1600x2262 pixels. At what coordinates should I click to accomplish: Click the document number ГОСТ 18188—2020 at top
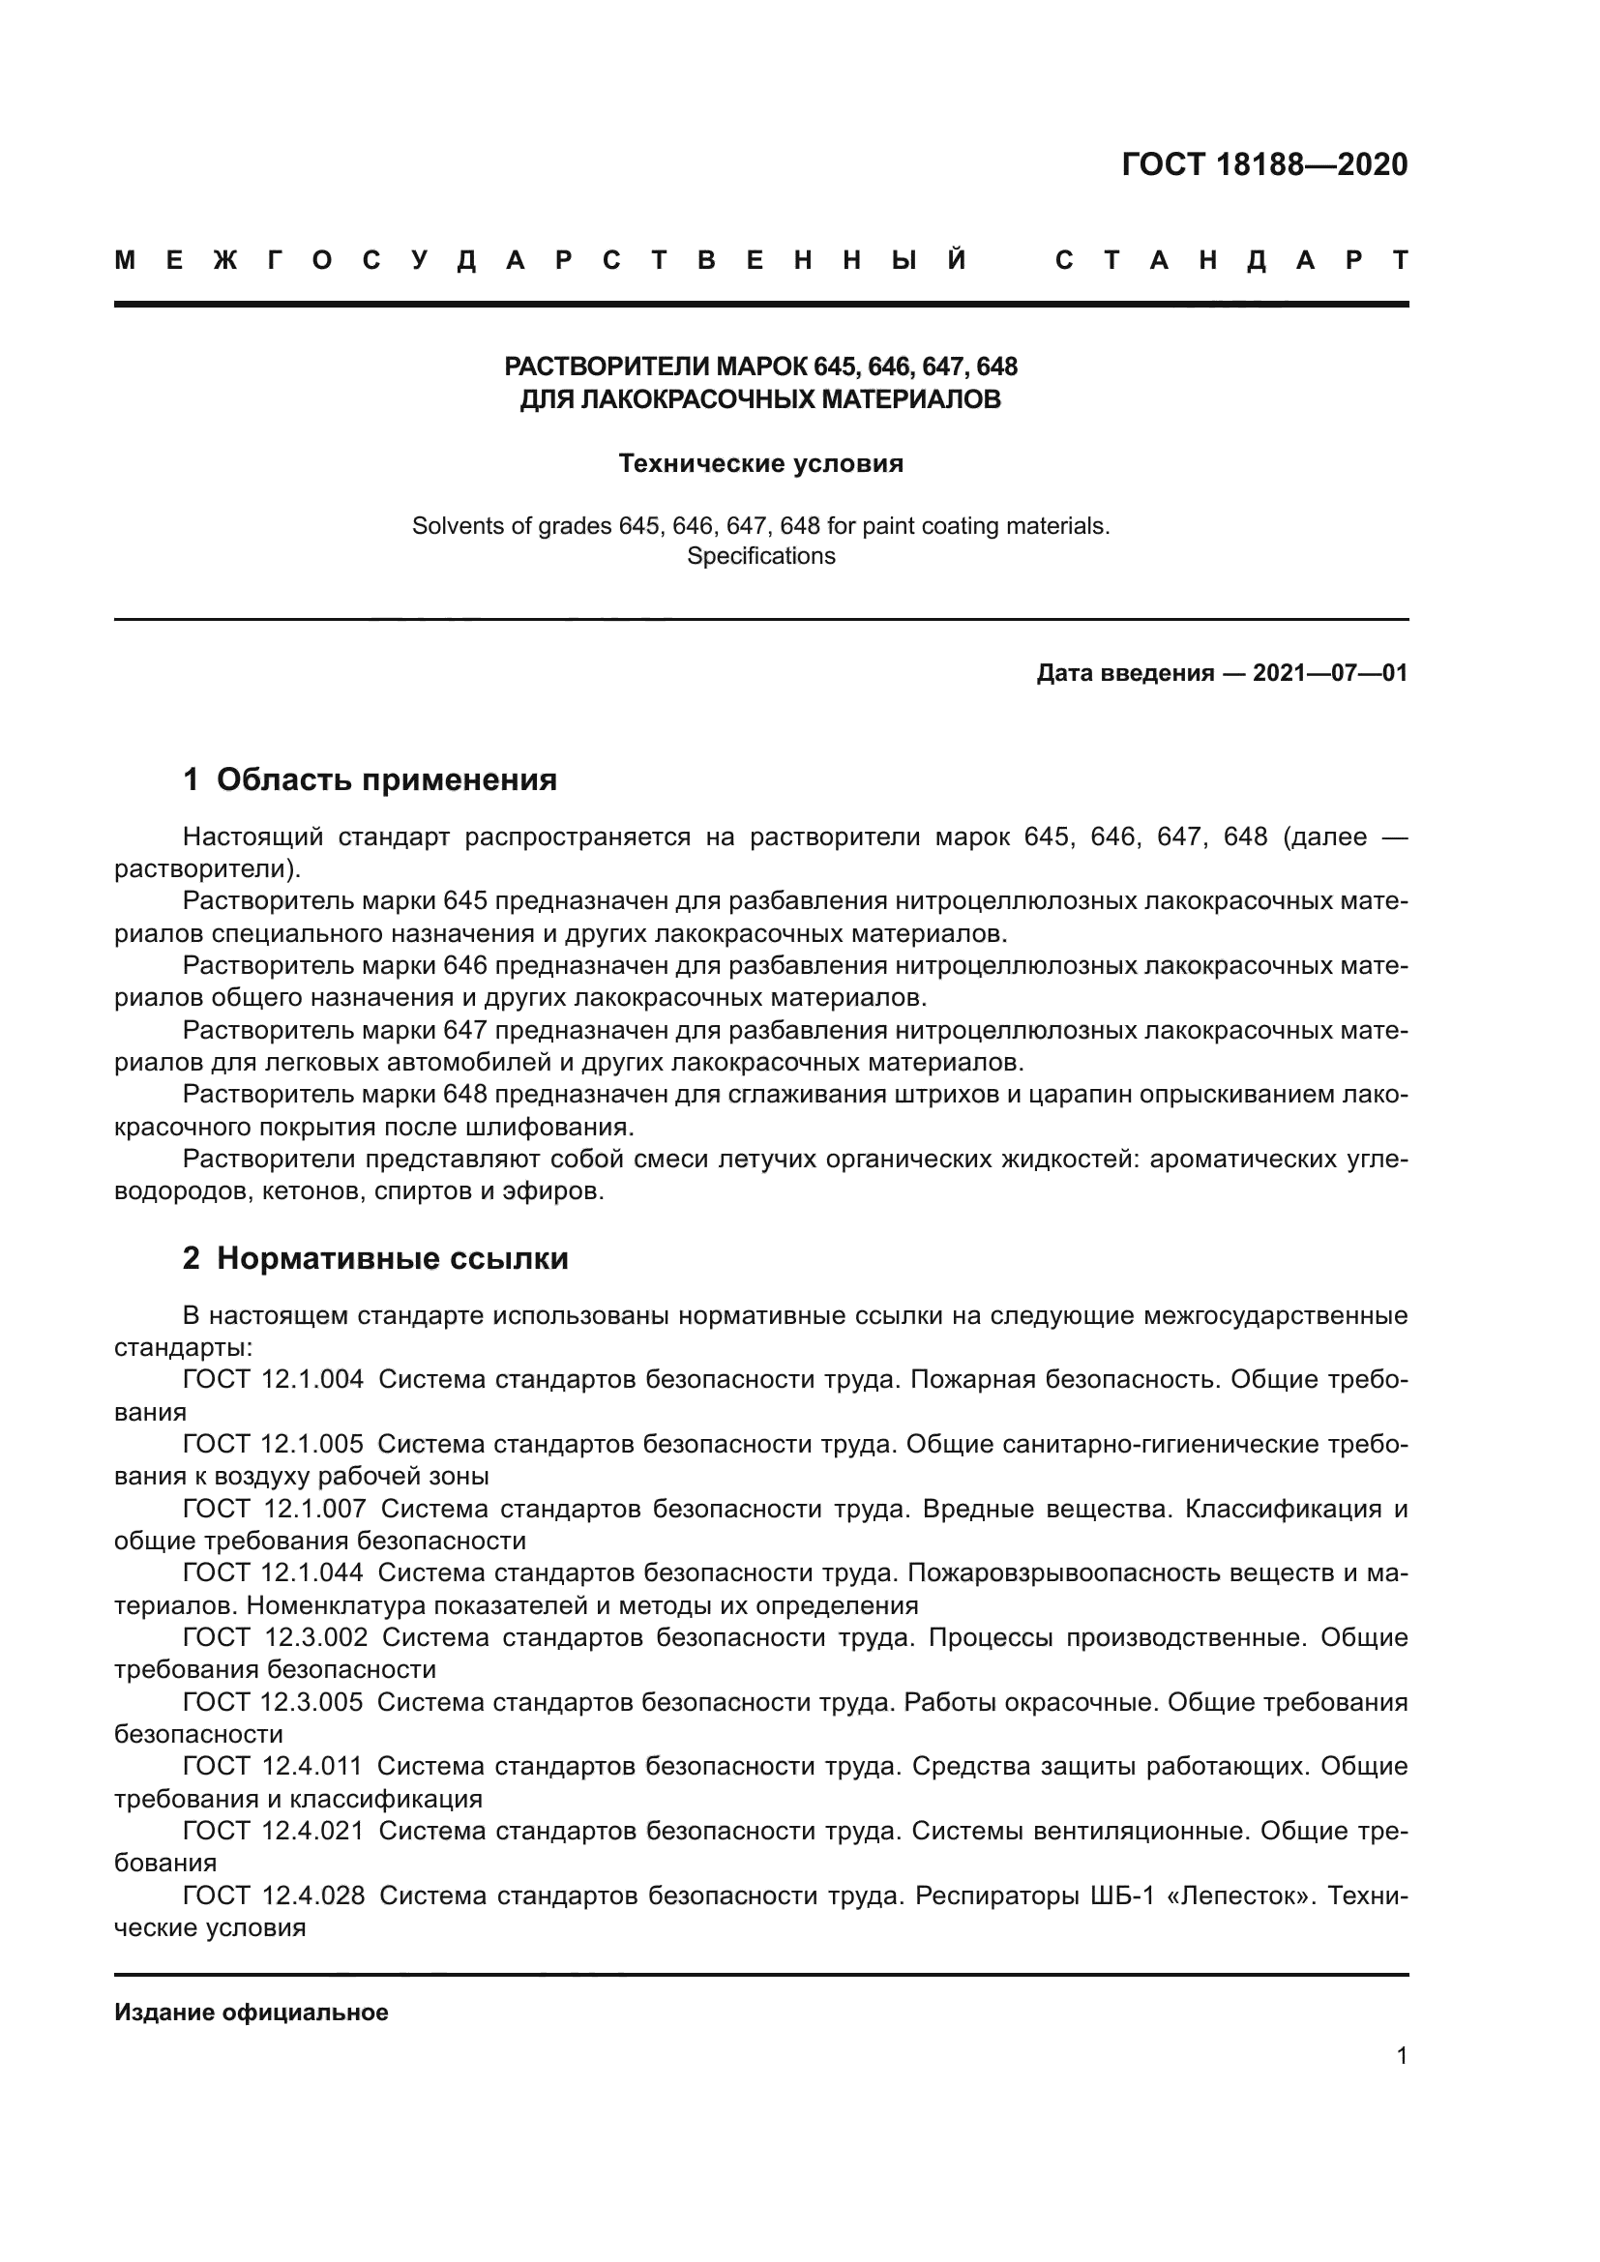tap(1264, 164)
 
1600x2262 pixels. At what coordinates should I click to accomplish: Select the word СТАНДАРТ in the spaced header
tap(1231, 261)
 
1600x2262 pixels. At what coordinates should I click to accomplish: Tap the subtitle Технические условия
tap(760, 463)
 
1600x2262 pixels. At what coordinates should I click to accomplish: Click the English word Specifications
tap(760, 556)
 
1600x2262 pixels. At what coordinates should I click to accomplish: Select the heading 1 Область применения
tap(370, 779)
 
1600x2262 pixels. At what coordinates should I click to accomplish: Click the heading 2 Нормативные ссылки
tap(375, 1258)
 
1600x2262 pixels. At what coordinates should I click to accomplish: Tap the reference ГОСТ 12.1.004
tap(273, 1379)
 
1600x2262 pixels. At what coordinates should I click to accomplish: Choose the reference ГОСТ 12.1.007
tap(274, 1509)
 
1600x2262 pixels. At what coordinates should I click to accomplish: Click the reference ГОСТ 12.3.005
tap(273, 1702)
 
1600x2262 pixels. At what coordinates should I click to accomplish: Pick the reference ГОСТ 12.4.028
tap(273, 1895)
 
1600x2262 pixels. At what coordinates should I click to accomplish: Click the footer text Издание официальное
tap(252, 2012)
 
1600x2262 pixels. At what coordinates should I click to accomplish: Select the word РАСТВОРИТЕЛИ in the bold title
tap(606, 367)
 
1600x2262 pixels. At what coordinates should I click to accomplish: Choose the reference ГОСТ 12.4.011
tap(273, 1767)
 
